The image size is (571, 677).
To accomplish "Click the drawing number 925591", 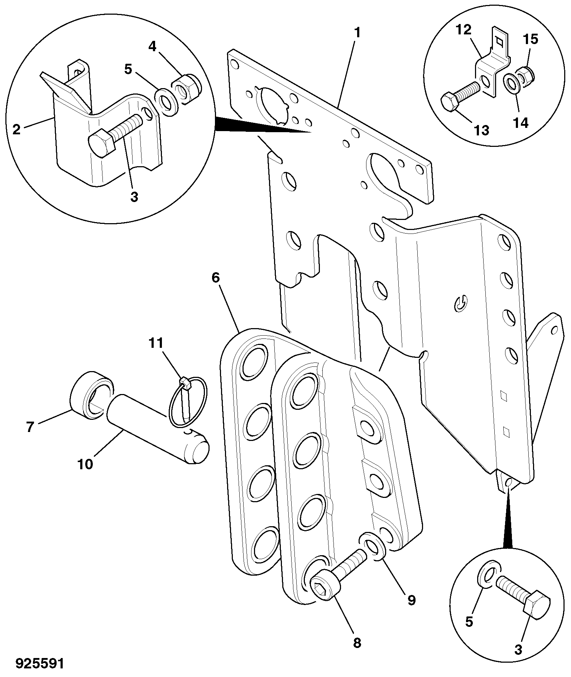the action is click(x=40, y=663).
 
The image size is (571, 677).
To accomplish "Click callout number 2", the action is click(x=16, y=129).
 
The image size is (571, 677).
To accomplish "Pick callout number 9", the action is click(x=411, y=600).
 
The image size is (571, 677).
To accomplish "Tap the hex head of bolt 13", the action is click(x=450, y=103).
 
